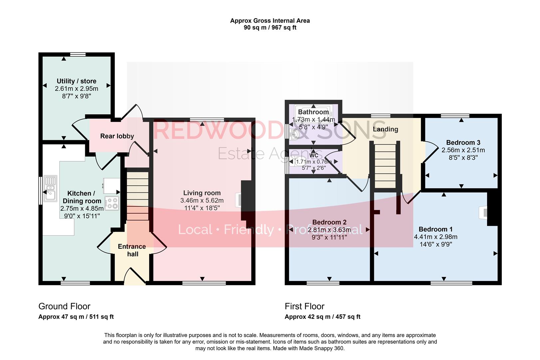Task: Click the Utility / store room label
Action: coord(76,81)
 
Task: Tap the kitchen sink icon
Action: coord(50,189)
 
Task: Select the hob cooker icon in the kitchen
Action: coord(112,203)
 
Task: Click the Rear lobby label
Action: coord(117,136)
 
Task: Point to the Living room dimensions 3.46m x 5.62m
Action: coord(202,201)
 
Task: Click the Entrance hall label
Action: coord(132,250)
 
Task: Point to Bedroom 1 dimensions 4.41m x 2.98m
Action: coord(435,237)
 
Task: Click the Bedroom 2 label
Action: coord(329,222)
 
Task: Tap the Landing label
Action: coord(385,129)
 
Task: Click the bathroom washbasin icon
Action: coord(294,134)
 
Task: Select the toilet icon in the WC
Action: coord(301,161)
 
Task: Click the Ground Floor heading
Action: coord(64,306)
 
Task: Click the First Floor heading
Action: coord(304,306)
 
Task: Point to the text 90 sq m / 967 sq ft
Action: coord(270,28)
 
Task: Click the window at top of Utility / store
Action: coord(78,54)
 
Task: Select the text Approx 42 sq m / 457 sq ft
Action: coord(322,317)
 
